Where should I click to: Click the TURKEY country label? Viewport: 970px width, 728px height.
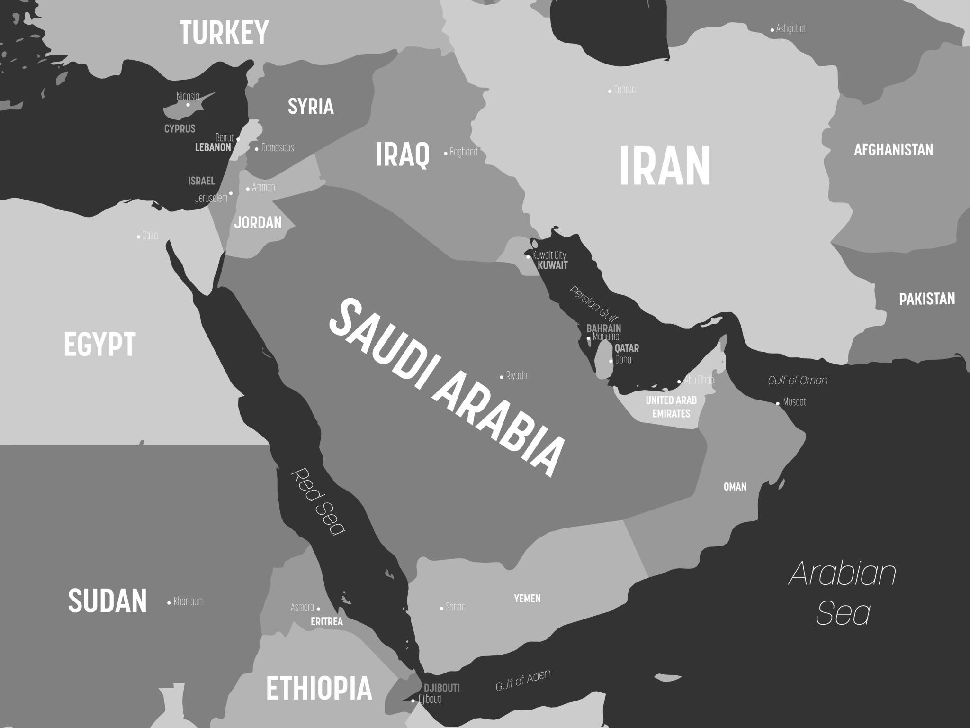tap(224, 32)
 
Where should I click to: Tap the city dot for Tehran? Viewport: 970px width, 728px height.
tap(610, 91)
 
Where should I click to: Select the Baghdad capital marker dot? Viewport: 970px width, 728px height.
tap(446, 153)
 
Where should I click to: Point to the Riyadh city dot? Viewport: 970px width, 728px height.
tap(502, 377)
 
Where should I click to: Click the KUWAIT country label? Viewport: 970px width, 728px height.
tap(552, 265)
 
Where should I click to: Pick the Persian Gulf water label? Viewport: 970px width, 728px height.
tap(594, 304)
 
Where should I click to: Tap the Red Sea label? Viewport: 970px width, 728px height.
tap(317, 501)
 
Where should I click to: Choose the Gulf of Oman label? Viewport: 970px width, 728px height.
tap(798, 380)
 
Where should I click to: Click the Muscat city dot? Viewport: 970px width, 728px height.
tap(778, 403)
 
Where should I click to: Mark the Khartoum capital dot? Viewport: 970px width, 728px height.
tap(169, 602)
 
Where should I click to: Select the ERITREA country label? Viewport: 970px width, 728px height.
tap(327, 621)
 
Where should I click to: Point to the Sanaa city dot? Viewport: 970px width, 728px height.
tap(441, 608)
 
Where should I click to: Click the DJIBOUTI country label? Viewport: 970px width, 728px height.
tap(441, 688)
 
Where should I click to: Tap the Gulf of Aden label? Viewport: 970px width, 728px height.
tap(523, 680)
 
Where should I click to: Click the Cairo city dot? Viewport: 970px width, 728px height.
tap(138, 237)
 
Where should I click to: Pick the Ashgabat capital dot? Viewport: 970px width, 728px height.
tap(772, 30)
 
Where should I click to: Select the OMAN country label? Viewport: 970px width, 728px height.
tap(735, 487)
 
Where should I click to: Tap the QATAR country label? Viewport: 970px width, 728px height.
tap(627, 348)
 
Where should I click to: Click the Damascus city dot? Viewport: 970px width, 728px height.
tap(257, 149)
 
